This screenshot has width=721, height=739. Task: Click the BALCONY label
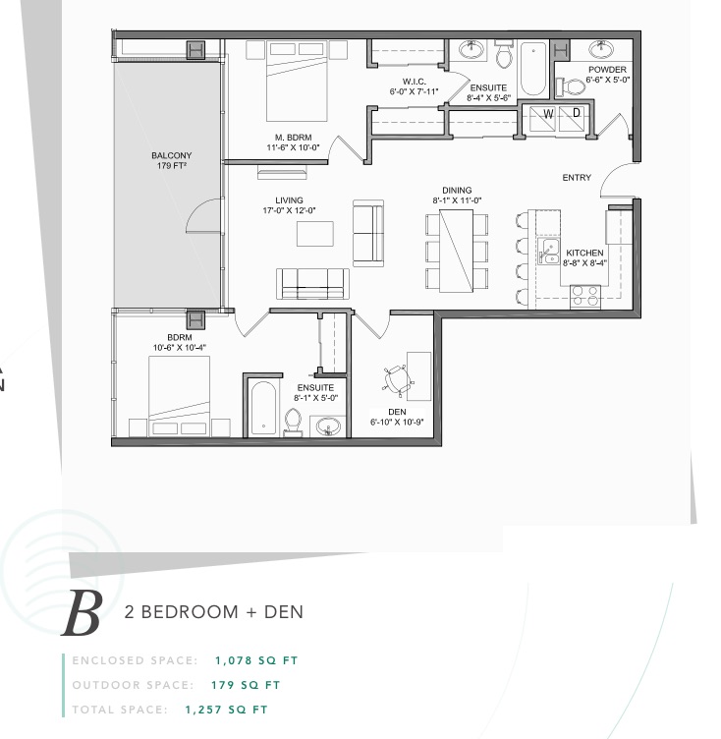point(172,155)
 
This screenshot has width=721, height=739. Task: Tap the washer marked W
point(543,118)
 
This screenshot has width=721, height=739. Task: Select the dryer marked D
point(572,118)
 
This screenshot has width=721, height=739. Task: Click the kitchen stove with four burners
point(585,297)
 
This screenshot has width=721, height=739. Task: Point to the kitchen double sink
point(549,251)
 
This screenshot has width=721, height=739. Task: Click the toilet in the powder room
point(571,86)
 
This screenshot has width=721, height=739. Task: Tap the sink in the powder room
point(601,48)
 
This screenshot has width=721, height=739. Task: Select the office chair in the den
point(398,380)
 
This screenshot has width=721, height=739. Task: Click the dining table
point(456,251)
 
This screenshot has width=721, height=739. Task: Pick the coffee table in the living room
point(315,234)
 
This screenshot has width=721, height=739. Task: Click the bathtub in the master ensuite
point(533,69)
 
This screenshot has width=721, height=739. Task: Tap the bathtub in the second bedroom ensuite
point(263,408)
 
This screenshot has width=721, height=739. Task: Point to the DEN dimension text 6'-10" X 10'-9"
point(397,422)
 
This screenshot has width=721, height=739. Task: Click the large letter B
point(83,612)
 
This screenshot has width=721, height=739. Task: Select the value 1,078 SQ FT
point(256,660)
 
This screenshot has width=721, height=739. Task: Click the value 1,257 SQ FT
point(227,710)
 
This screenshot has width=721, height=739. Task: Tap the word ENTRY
point(577,178)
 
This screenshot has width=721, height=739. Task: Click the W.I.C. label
point(415,82)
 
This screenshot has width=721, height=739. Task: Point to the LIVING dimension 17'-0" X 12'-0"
point(290,210)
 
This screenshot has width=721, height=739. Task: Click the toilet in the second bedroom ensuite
point(293,423)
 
